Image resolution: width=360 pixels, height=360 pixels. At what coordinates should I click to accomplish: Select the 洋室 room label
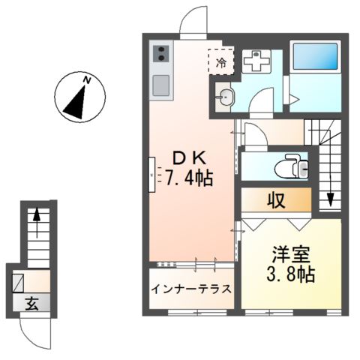point(290,255)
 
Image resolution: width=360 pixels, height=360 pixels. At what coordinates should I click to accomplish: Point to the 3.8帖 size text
point(291,274)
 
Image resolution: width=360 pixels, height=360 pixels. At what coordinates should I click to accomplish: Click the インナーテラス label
point(191,289)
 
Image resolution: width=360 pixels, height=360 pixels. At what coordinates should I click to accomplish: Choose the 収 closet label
point(274,201)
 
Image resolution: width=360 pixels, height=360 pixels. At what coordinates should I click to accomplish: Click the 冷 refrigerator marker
point(221,62)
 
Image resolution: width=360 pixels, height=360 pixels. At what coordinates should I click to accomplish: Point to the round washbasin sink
point(227,95)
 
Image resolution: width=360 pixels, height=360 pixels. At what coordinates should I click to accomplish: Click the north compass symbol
point(79,97)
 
